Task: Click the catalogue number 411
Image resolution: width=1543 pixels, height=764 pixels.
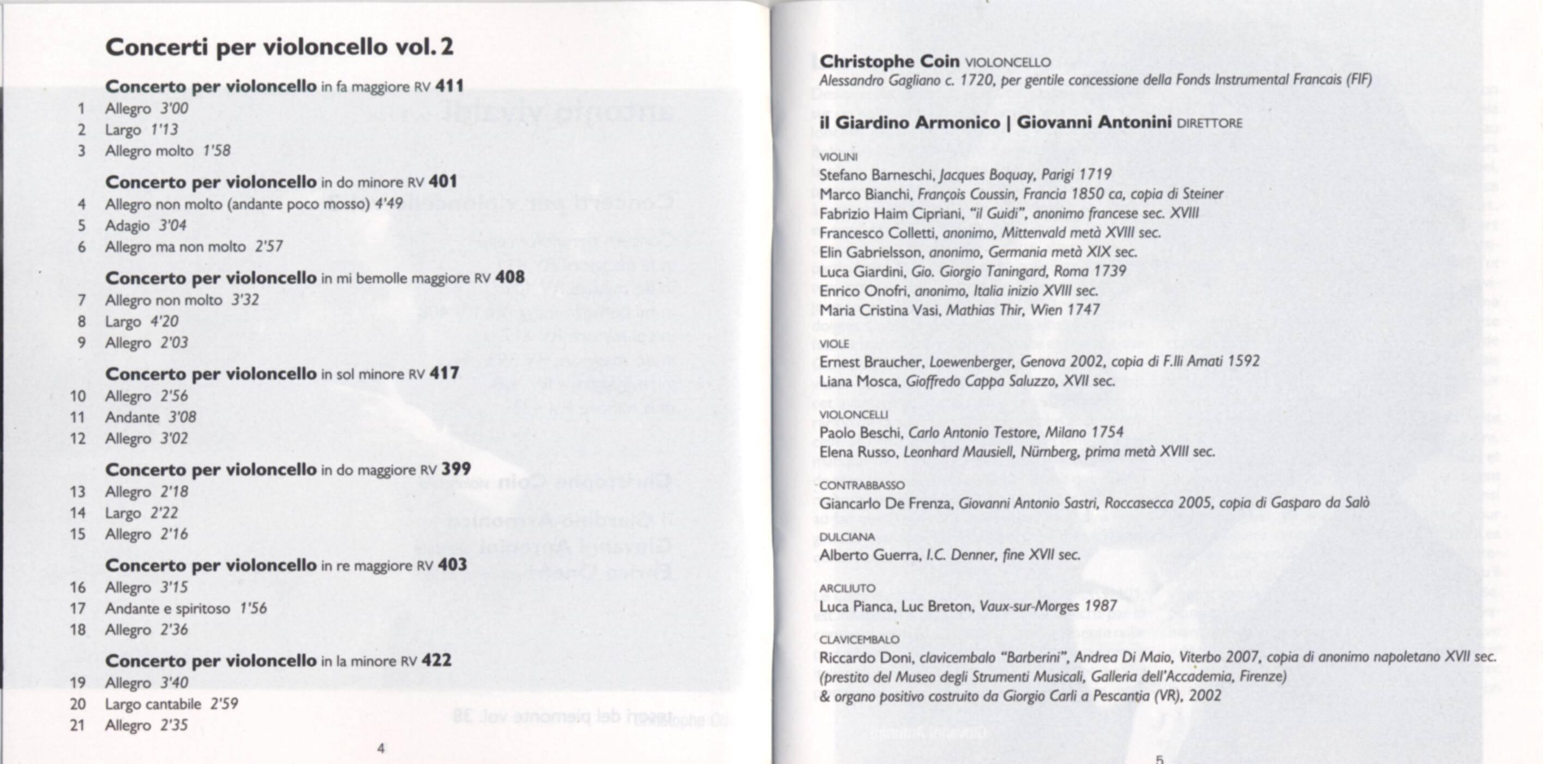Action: pyautogui.click(x=449, y=86)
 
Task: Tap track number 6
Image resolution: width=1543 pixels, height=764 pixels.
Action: pyautogui.click(x=81, y=247)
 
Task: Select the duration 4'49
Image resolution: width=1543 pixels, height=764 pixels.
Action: pyautogui.click(x=389, y=204)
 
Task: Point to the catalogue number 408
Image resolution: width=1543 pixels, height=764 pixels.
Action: pyautogui.click(x=510, y=277)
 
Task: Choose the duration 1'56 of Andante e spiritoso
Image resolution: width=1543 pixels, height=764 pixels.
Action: pyautogui.click(x=254, y=608)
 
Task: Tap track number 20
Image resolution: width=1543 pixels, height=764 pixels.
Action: pyautogui.click(x=78, y=704)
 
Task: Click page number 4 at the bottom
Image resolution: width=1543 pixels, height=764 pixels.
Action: pyautogui.click(x=381, y=748)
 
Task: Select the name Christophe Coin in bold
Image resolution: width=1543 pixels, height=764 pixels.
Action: pyautogui.click(x=889, y=61)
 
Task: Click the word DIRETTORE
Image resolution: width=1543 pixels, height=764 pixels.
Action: pyautogui.click(x=1209, y=123)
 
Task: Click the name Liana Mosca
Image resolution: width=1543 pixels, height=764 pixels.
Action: pyautogui.click(x=860, y=381)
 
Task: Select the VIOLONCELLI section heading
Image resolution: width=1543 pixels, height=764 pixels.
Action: pyautogui.click(x=854, y=415)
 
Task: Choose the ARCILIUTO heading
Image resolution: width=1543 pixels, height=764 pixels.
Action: pyautogui.click(x=847, y=588)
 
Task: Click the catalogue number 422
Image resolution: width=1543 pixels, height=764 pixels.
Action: pyautogui.click(x=436, y=660)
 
